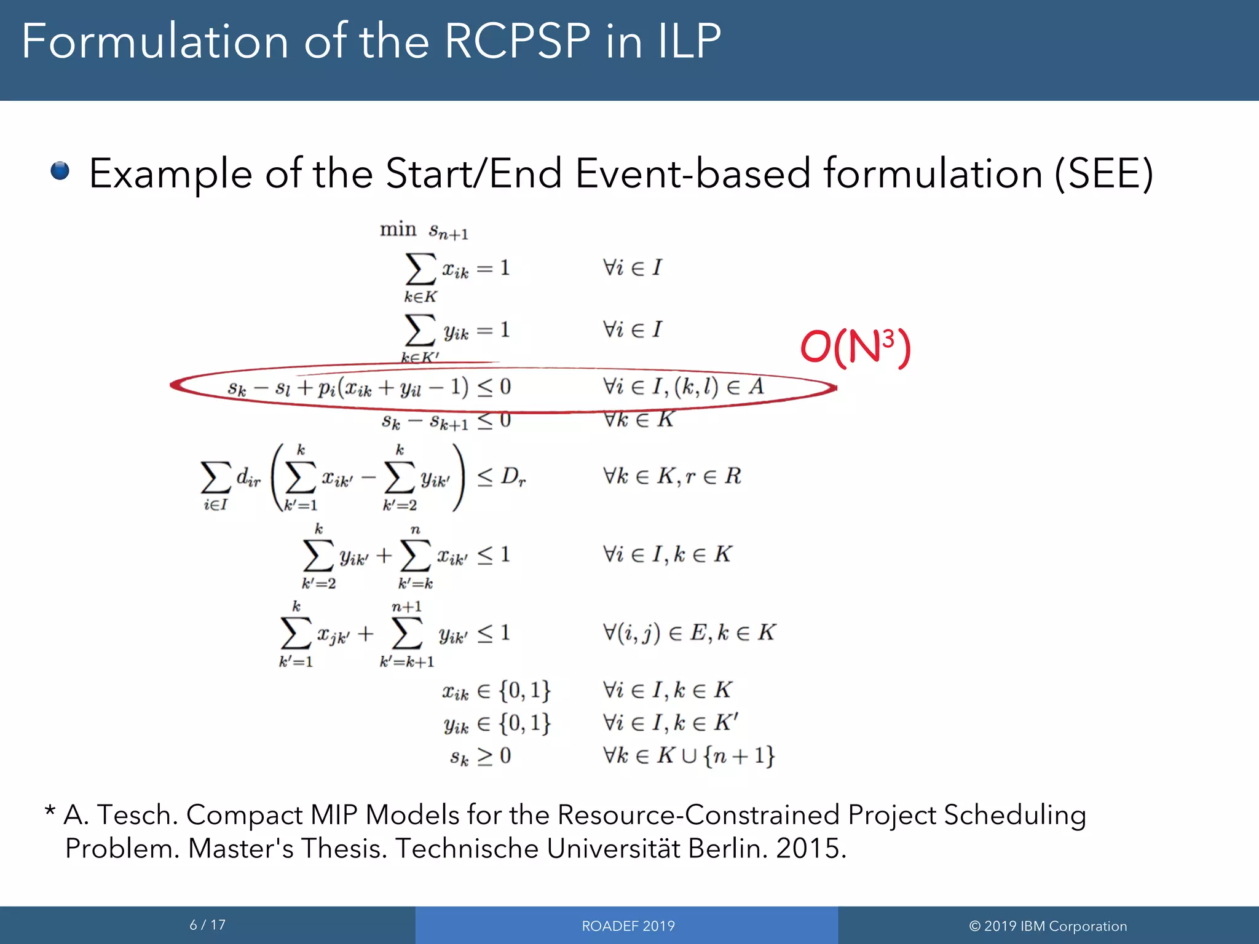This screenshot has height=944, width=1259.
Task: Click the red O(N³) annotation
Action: [x=854, y=348]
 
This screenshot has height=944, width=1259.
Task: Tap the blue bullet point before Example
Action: [x=60, y=171]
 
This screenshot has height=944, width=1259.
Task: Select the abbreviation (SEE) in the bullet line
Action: [x=1103, y=174]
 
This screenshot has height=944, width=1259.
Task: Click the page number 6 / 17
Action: [x=207, y=924]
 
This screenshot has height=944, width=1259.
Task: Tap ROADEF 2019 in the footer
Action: [x=628, y=926]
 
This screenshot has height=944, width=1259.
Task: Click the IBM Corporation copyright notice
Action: [x=1048, y=926]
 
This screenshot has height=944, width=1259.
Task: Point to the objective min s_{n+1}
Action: [x=424, y=230]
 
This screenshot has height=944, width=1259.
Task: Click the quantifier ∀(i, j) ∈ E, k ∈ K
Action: [x=689, y=632]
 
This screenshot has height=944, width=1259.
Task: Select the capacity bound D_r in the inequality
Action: [x=513, y=476]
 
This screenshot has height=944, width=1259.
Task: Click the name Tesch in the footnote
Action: [x=138, y=815]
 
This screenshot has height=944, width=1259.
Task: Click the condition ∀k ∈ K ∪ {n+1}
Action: [x=689, y=755]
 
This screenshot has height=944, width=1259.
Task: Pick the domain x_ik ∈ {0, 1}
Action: [x=495, y=690]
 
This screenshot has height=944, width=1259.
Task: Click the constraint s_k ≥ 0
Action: [x=480, y=755]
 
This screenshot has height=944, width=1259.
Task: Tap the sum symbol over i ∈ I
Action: [x=216, y=478]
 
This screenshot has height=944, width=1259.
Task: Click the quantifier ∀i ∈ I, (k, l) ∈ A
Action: [x=683, y=387]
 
